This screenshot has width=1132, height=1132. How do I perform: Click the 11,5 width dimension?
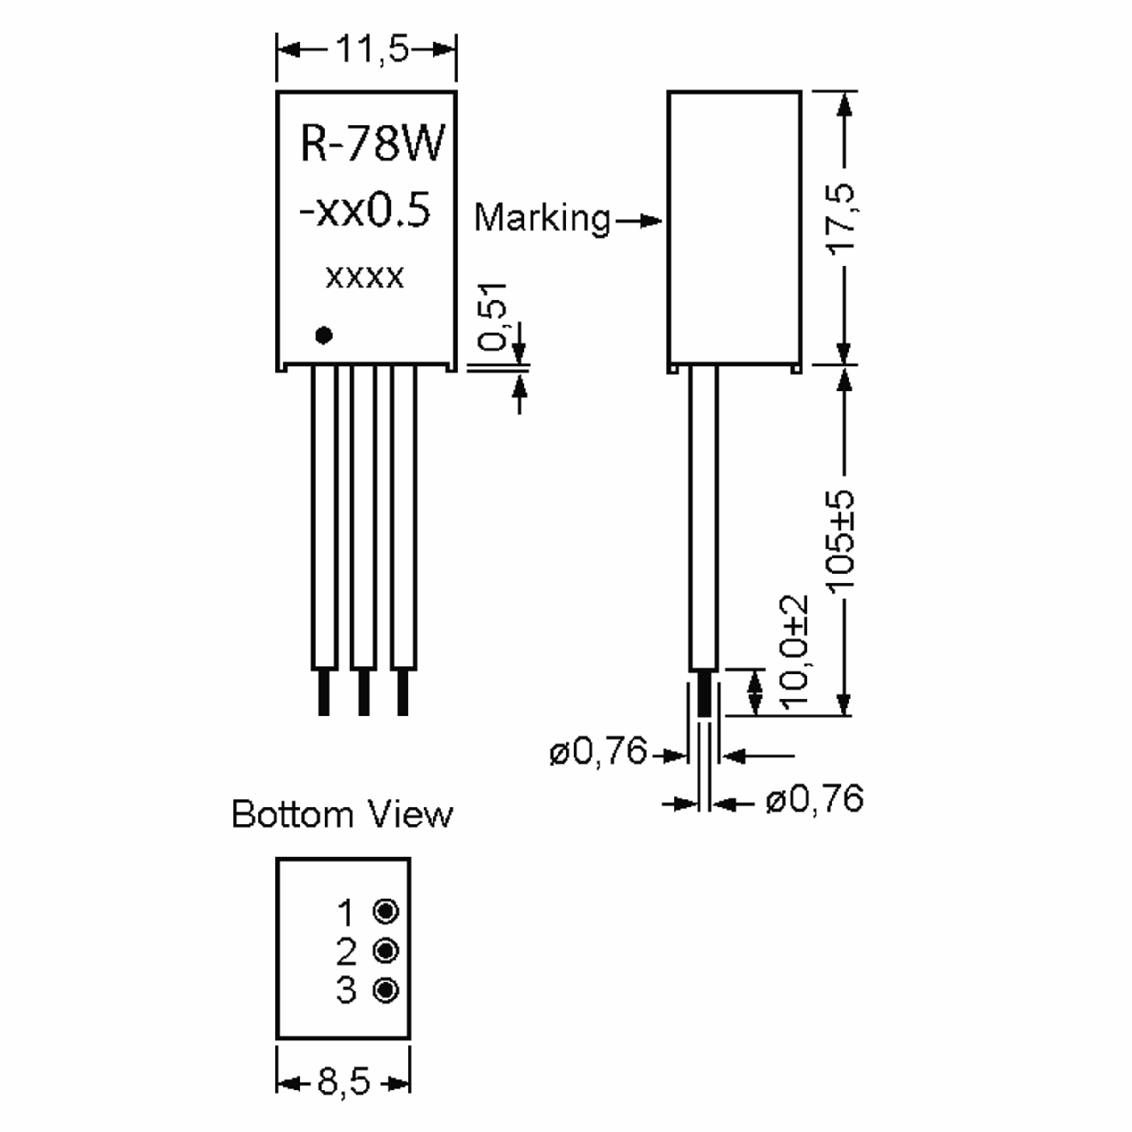tap(372, 50)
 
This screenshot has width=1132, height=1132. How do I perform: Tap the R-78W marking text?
tap(373, 143)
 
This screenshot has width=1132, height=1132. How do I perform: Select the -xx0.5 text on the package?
tap(366, 211)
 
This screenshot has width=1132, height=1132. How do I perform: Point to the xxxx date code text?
tap(365, 277)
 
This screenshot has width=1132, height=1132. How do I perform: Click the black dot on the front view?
tap(324, 336)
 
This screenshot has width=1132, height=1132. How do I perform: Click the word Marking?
tap(542, 218)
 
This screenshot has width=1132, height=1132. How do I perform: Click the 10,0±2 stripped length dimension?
tap(795, 653)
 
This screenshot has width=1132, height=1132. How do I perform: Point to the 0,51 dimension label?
tap(491, 317)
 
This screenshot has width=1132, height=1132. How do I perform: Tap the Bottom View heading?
tap(342, 815)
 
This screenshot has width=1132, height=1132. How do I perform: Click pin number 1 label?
tap(346, 912)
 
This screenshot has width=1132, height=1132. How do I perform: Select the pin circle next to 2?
tap(385, 950)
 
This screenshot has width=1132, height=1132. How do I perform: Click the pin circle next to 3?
tap(385, 991)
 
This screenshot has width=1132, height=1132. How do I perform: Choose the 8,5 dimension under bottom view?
tap(344, 1082)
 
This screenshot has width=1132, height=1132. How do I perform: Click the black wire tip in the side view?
tap(703, 694)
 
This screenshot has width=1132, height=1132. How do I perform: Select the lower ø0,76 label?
tap(815, 799)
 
